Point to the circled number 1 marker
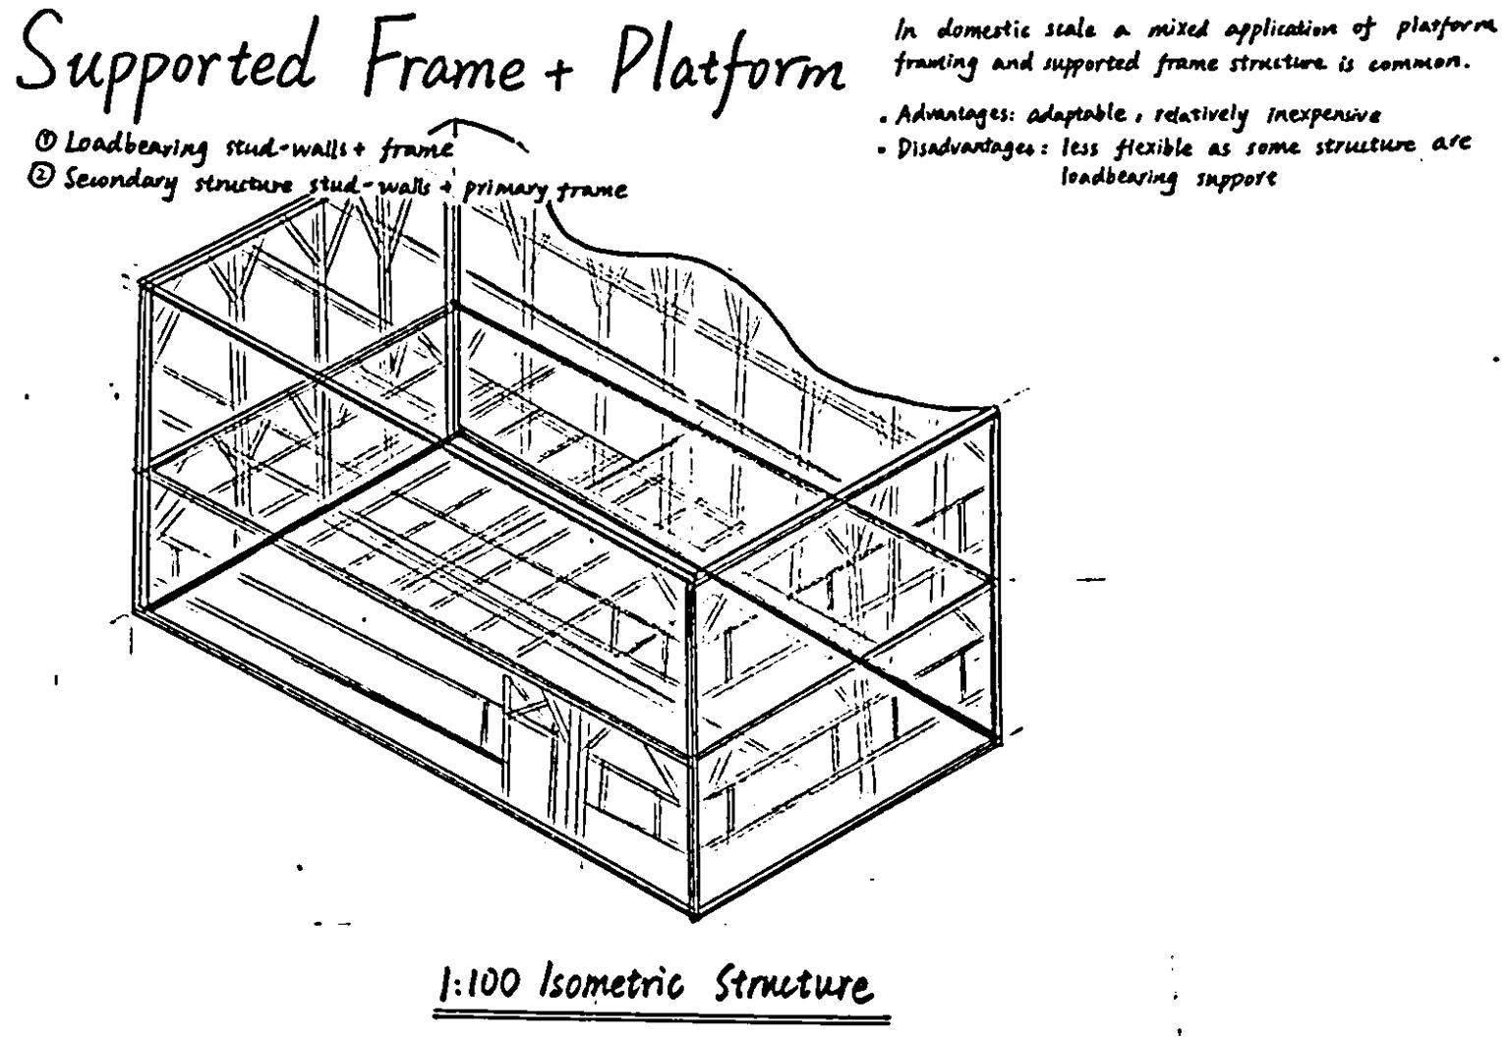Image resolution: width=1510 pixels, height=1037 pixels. (x=44, y=143)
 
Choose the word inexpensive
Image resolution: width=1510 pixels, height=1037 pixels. (x=1317, y=115)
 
